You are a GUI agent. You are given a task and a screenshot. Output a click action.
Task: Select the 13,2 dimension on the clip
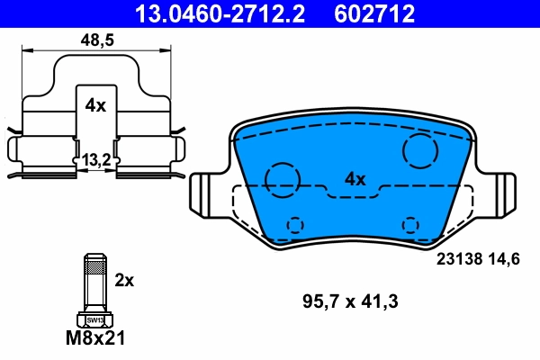(96, 159)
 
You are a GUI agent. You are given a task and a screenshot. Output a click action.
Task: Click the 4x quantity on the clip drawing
(95, 105)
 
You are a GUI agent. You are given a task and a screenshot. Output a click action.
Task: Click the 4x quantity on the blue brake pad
(355, 179)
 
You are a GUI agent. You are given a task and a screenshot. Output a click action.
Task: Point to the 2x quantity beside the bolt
(124, 280)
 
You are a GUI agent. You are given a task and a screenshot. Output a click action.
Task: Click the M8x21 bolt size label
(94, 339)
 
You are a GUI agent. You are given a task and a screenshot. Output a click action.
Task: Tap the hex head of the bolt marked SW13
(94, 319)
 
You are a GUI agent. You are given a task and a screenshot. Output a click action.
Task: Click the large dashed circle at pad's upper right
(420, 150)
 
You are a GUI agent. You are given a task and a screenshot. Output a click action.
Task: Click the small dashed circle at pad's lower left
(294, 225)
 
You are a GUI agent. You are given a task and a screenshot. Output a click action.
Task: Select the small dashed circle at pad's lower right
(410, 224)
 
